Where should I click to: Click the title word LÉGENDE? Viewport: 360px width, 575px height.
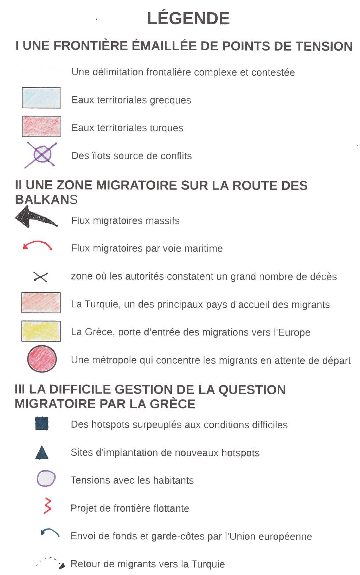coord(188,19)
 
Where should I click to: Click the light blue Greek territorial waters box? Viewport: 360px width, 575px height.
coord(41,98)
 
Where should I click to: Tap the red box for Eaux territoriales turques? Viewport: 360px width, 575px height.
coord(41,126)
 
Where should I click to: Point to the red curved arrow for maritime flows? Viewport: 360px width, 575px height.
coord(38,245)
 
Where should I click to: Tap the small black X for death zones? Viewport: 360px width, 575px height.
coord(40,277)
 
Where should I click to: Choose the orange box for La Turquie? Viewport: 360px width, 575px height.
coord(41,302)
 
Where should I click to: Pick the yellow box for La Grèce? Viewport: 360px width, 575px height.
coord(41,331)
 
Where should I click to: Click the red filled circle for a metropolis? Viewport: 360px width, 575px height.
coord(42,359)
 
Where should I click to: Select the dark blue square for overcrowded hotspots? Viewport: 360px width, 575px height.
coord(42,423)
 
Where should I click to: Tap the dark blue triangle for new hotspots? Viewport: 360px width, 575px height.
coord(42,453)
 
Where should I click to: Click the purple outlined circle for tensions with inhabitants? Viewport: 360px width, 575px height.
coord(46,479)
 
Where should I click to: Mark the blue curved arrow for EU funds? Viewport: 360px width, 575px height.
coord(50,533)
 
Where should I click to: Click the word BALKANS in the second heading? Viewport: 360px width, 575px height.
coord(46,199)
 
